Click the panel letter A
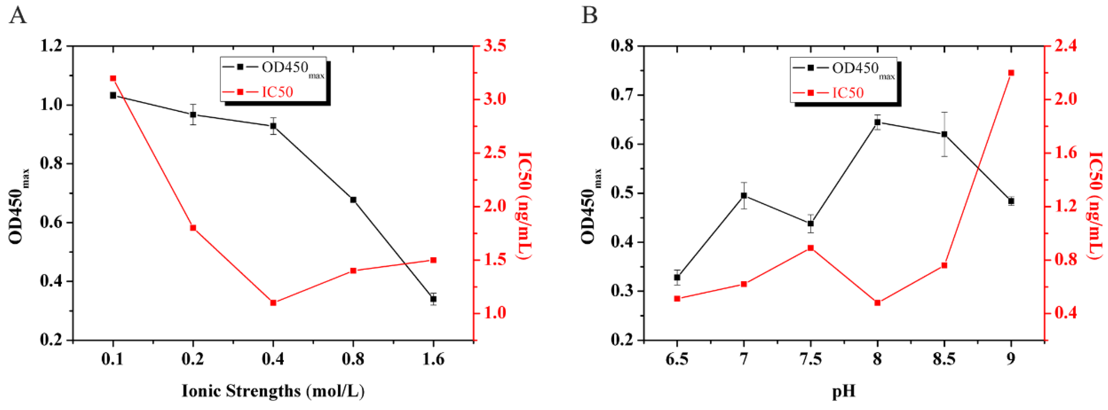(x=18, y=16)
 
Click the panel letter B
(x=589, y=16)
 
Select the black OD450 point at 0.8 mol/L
(x=353, y=200)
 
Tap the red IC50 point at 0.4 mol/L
(x=273, y=303)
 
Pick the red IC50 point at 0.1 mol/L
(x=113, y=78)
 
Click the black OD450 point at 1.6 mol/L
(x=433, y=299)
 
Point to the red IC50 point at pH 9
(x=1011, y=73)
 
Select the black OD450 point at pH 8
(x=877, y=122)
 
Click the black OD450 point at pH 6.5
(x=677, y=278)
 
